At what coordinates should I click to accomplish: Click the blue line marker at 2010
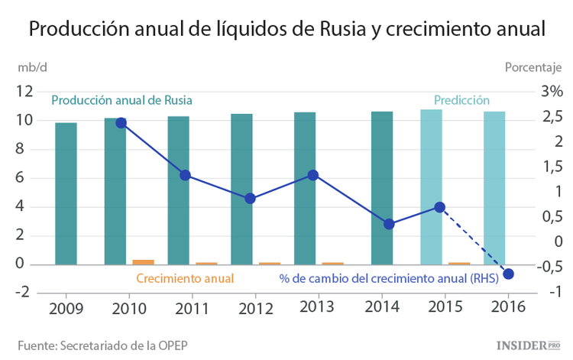pos(121,122)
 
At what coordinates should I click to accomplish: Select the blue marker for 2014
pos(389,224)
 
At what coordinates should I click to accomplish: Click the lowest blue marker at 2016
pos(509,274)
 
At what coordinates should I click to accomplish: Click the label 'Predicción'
pos(461,100)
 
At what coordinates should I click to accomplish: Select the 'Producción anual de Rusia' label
pos(121,100)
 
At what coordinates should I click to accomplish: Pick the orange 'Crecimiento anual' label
pos(185,278)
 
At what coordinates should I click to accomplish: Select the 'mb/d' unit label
pos(33,66)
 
